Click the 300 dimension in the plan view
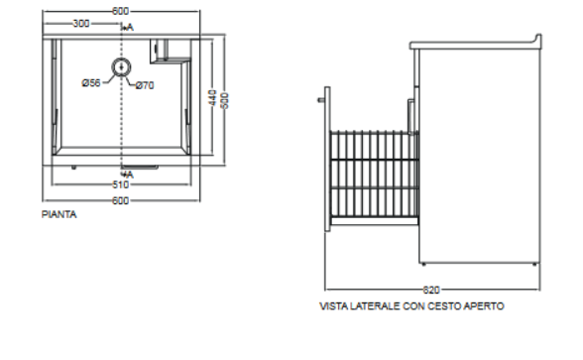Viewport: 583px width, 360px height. tap(81, 24)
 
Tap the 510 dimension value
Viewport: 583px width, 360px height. tap(121, 184)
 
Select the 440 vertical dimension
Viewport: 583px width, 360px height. tap(212, 97)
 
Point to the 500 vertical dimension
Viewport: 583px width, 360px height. tap(225, 100)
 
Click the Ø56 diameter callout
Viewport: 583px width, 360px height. tap(91, 82)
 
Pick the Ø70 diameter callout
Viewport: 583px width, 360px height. tap(145, 85)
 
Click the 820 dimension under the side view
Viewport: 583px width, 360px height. tap(431, 290)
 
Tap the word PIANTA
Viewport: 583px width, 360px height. tap(59, 214)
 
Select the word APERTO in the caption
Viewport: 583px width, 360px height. tap(484, 306)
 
